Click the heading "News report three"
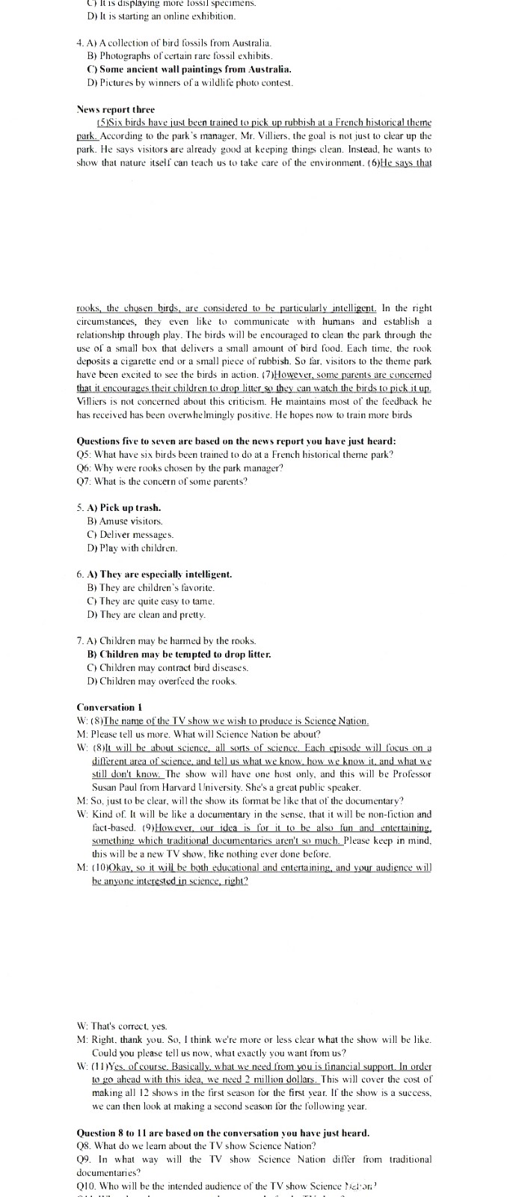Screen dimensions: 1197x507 point(115,109)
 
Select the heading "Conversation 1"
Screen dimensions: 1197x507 point(109,707)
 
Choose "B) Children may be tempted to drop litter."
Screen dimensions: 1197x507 point(179,654)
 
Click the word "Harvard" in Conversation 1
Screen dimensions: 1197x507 point(193,787)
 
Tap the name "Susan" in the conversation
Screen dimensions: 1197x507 point(106,787)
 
